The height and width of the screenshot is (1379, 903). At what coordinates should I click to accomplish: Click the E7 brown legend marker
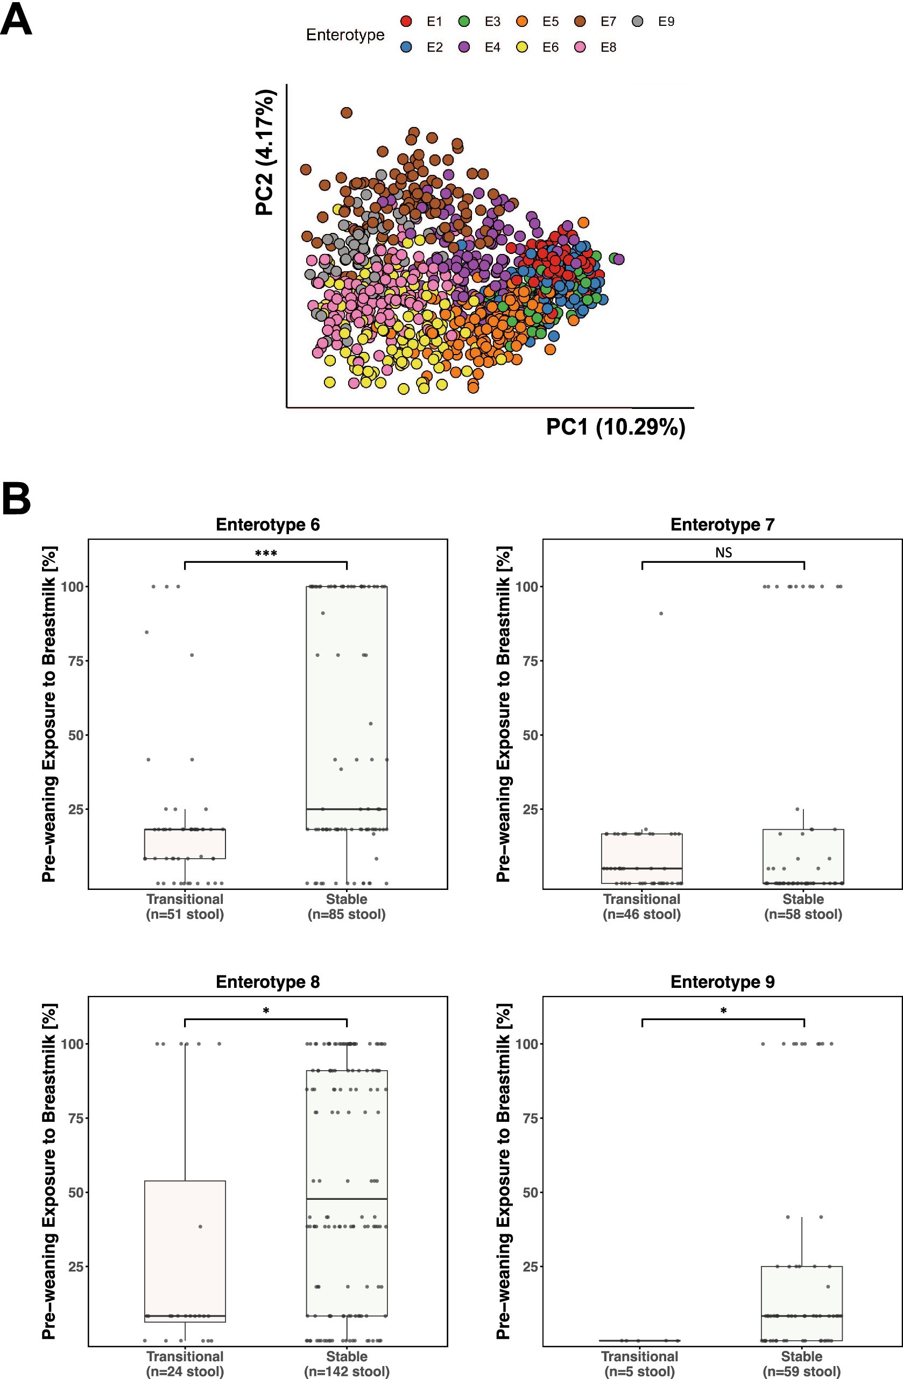click(580, 22)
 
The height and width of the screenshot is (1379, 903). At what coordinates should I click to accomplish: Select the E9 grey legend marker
click(638, 22)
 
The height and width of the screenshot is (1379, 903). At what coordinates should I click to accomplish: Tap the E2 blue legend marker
click(406, 47)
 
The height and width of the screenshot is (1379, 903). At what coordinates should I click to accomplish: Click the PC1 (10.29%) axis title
click(616, 427)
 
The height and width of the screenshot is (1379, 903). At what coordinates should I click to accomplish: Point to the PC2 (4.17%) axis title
click(264, 152)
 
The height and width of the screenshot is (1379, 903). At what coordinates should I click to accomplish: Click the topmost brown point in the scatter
click(346, 112)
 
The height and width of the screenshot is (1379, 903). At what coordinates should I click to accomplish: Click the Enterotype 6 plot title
click(268, 525)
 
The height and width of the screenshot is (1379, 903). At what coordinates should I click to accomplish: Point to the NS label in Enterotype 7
click(723, 553)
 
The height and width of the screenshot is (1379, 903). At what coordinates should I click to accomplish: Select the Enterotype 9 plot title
click(722, 982)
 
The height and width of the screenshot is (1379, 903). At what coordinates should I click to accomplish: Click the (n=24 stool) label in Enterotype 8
click(185, 1372)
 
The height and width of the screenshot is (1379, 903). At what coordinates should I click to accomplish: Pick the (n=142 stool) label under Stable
click(347, 1372)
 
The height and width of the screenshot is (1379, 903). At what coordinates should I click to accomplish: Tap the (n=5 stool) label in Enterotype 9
click(639, 1372)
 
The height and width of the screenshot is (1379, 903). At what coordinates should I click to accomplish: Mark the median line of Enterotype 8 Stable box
click(347, 1198)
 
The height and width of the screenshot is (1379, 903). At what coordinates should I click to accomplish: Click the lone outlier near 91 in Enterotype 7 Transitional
click(661, 613)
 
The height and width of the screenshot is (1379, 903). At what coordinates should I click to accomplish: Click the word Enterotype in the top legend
click(345, 35)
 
